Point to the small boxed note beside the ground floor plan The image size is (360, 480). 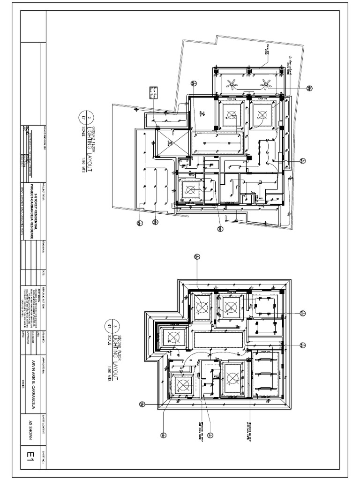(x=153, y=92)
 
